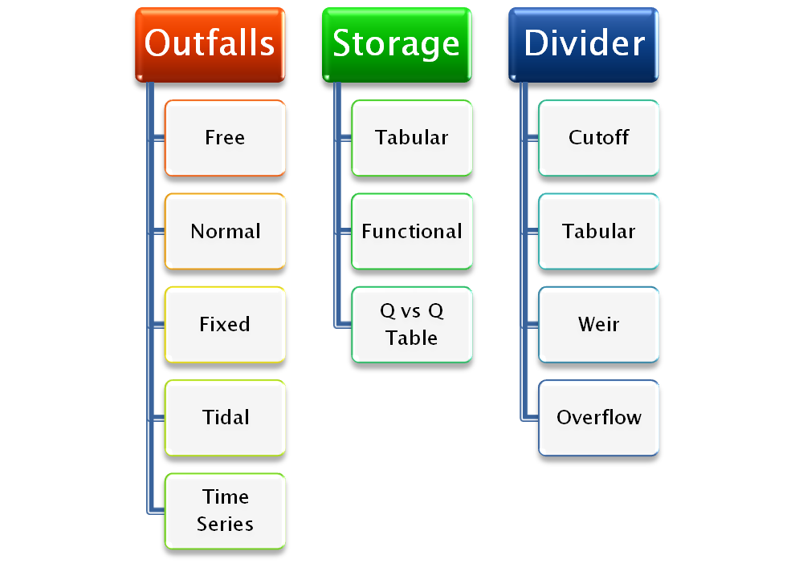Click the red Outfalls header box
[210, 43]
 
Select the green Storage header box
[396, 43]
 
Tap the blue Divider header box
[585, 43]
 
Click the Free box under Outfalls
[225, 137]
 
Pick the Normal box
[225, 231]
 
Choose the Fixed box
[225, 324]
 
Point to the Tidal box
[225, 417]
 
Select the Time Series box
[225, 510]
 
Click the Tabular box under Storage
[411, 137]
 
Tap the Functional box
[411, 231]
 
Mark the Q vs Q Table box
[411, 324]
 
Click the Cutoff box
[598, 137]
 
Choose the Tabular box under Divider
[598, 231]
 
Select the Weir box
[598, 324]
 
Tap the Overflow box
[598, 417]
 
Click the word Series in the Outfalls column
[225, 525]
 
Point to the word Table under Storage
[411, 338]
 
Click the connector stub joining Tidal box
[157, 418]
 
